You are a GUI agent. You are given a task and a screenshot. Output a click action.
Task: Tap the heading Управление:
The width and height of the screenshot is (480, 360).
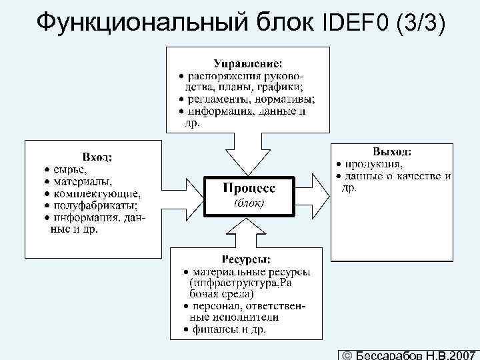(x=248, y=63)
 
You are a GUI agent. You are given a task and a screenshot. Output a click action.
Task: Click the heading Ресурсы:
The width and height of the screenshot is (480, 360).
(x=246, y=259)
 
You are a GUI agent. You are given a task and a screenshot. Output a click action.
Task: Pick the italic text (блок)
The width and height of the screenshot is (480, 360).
(x=248, y=203)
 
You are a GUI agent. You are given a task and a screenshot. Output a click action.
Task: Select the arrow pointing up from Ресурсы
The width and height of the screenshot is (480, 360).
(x=248, y=230)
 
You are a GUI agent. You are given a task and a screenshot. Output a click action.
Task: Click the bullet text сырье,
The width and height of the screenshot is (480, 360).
(x=69, y=169)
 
